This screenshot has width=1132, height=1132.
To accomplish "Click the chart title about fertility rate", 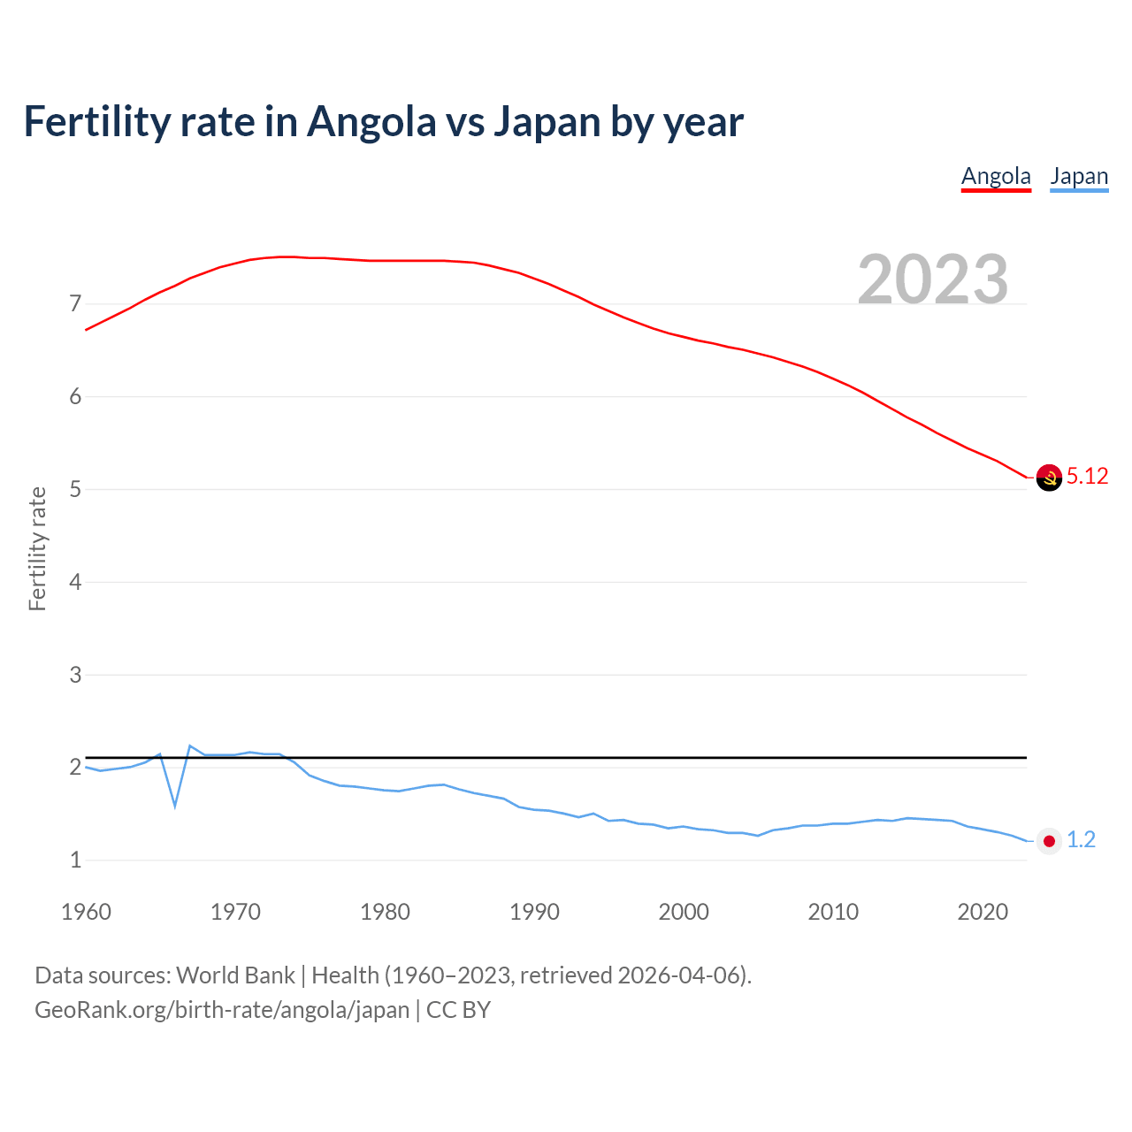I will pyautogui.click(x=383, y=121).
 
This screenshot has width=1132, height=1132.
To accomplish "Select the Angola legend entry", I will pyautogui.click(x=996, y=176).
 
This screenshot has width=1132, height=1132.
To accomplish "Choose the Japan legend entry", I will pyautogui.click(x=1079, y=176).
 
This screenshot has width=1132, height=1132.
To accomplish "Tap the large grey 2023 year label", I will pyautogui.click(x=932, y=279).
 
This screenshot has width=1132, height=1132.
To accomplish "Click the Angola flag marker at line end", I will pyautogui.click(x=1049, y=478).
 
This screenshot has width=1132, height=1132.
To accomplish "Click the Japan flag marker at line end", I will pyautogui.click(x=1049, y=841).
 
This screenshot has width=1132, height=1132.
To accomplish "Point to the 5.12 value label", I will pyautogui.click(x=1087, y=477).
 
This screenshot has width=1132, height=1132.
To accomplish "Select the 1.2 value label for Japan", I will pyautogui.click(x=1081, y=840).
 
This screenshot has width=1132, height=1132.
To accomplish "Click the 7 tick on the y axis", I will pyautogui.click(x=75, y=304).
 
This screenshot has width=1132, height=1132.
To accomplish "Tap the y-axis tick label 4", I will pyautogui.click(x=75, y=582).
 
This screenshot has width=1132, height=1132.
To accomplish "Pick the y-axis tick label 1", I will pyautogui.click(x=75, y=860).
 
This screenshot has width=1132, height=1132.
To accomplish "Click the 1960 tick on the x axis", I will pyautogui.click(x=86, y=912).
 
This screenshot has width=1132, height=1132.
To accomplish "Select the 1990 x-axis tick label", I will pyautogui.click(x=534, y=912).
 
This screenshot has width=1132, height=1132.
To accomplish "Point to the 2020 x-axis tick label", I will pyautogui.click(x=983, y=912).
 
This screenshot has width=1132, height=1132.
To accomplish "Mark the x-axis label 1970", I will pyautogui.click(x=235, y=912).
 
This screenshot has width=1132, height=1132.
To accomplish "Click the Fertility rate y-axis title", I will pyautogui.click(x=37, y=548).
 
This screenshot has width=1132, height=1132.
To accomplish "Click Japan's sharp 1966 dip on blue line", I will pyautogui.click(x=175, y=805).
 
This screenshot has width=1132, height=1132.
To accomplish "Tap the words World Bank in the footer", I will pyautogui.click(x=235, y=975).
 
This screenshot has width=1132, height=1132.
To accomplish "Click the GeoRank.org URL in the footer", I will pyautogui.click(x=222, y=1010).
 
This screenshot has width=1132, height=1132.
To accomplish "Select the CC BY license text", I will pyautogui.click(x=458, y=1010).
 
